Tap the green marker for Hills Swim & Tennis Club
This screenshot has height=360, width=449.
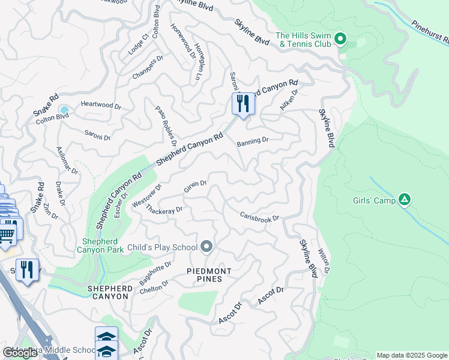pyautogui.click(x=340, y=40)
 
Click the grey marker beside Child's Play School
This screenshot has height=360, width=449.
pyautogui.click(x=207, y=247)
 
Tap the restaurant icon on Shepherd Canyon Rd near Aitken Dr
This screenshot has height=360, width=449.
pyautogui.click(x=243, y=104)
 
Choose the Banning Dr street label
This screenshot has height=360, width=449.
pyautogui.click(x=252, y=142)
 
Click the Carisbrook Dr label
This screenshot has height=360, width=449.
pyautogui.click(x=260, y=216)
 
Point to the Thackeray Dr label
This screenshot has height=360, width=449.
pyautogui.click(x=164, y=210)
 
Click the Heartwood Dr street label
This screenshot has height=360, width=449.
pyautogui.click(x=101, y=106)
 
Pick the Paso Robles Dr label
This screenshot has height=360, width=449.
pyautogui.click(x=166, y=126)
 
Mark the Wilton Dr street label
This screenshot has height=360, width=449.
pyautogui.click(x=324, y=261)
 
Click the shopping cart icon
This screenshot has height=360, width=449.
pyautogui.click(x=7, y=232)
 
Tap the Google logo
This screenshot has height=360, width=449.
pyautogui.click(x=20, y=353)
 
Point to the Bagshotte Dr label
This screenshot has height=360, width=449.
pyautogui.click(x=155, y=273)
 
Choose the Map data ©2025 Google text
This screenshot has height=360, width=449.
pyautogui.click(x=412, y=355)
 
